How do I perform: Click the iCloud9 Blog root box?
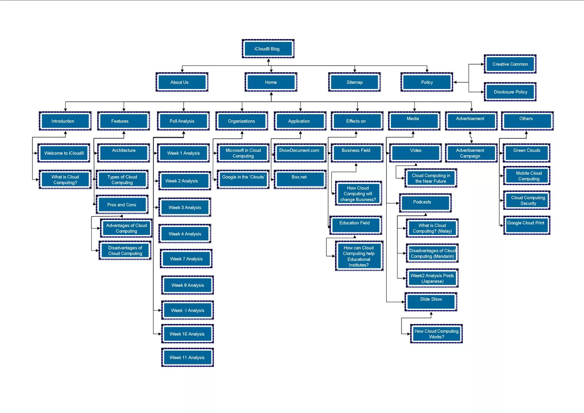[x=268, y=49]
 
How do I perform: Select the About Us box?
[x=182, y=82]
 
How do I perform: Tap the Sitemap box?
[x=354, y=82]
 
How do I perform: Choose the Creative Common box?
[x=510, y=64]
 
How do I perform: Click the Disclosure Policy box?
[x=510, y=92]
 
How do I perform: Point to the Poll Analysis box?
[x=183, y=121]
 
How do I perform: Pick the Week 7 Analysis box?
[x=186, y=259]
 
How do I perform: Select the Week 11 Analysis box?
[x=187, y=357]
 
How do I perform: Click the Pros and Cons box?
[x=122, y=205]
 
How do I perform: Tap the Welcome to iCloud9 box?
[x=64, y=153]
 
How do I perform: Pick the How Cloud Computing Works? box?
[x=436, y=334]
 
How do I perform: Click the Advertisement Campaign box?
[x=470, y=153]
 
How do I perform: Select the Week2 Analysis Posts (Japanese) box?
[x=432, y=278]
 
